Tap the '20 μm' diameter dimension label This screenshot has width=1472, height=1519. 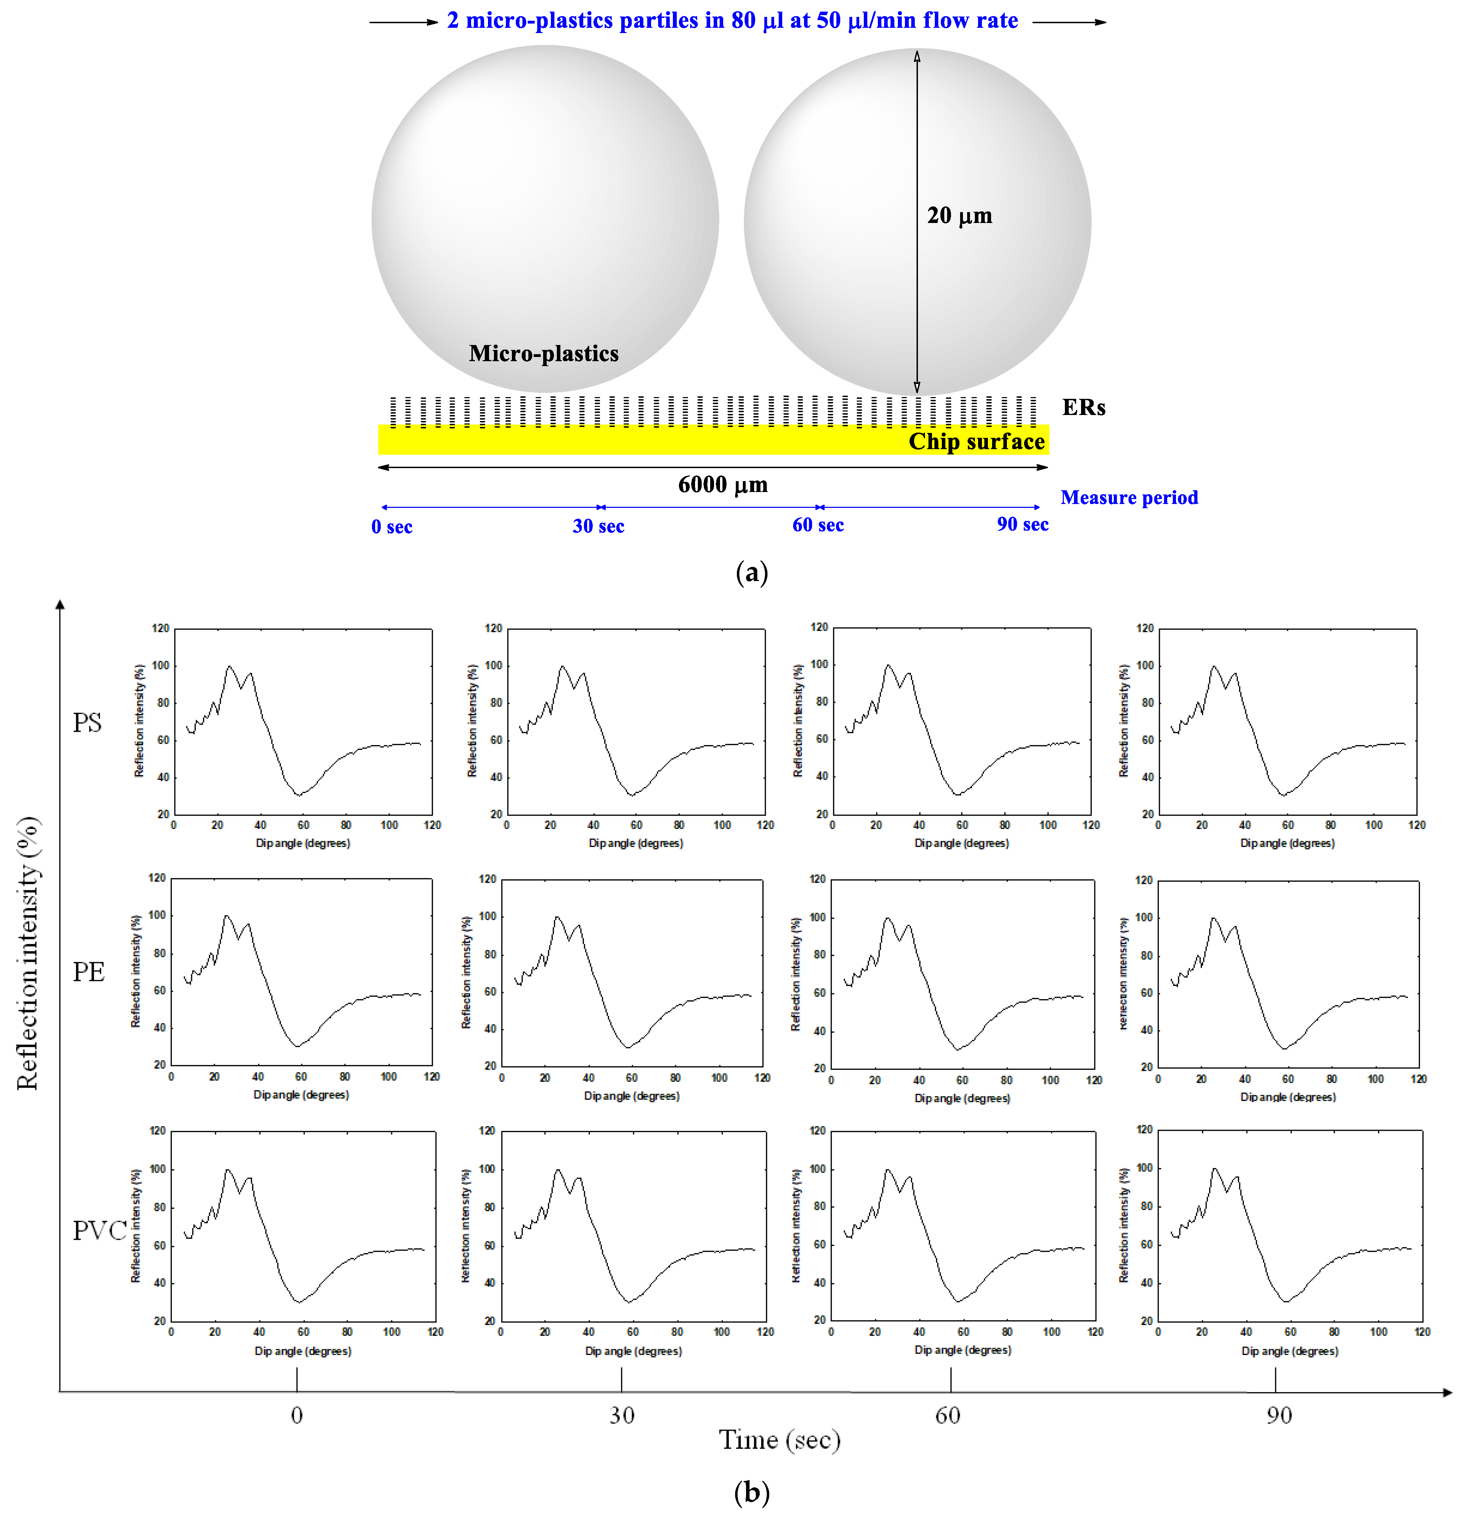click(959, 216)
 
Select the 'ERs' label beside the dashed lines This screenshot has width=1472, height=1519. click(1083, 408)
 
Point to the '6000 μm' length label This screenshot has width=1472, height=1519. click(722, 485)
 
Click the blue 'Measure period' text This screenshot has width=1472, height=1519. click(1129, 498)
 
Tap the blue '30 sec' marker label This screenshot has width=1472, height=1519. click(598, 526)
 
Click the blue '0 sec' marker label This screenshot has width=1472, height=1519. click(391, 527)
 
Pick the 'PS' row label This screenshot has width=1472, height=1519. click(87, 722)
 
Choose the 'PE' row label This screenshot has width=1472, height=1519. click(88, 972)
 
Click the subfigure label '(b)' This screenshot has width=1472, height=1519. click(751, 1492)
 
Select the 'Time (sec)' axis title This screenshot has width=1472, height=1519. click(779, 1440)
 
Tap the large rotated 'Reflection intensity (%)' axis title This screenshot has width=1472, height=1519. click(28, 953)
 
